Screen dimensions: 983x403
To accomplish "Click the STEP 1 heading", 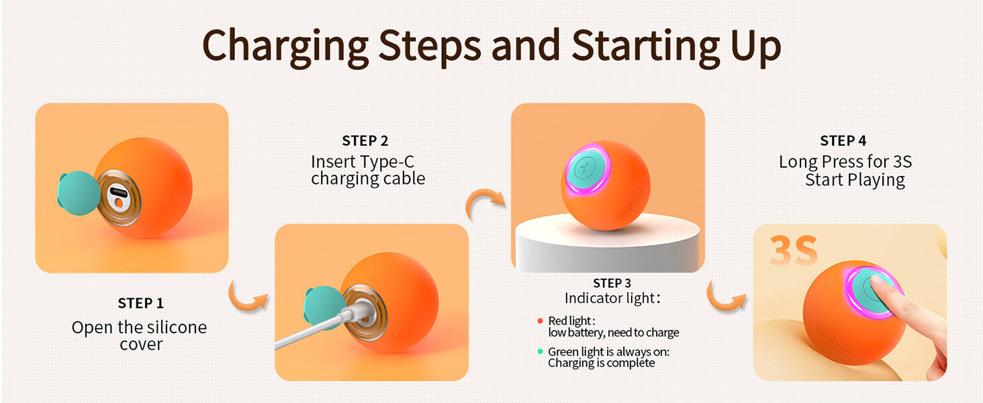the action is pyautogui.click(x=140, y=304).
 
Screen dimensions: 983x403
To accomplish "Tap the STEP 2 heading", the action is pyautogui.click(x=365, y=141).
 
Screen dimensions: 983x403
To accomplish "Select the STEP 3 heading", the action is pyautogui.click(x=612, y=283).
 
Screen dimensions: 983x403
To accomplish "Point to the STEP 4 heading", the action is pyautogui.click(x=843, y=141).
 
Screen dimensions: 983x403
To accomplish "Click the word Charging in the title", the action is pyautogui.click(x=285, y=47).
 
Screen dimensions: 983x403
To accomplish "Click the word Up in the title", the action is pyautogui.click(x=755, y=47).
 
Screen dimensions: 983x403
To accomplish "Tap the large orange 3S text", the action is pyautogui.click(x=794, y=251).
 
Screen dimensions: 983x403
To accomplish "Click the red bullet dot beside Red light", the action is pyautogui.click(x=541, y=321).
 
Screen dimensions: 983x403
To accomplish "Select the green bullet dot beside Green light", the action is pyautogui.click(x=541, y=352).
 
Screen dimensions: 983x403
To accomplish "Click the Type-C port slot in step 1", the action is pyautogui.click(x=118, y=192).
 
